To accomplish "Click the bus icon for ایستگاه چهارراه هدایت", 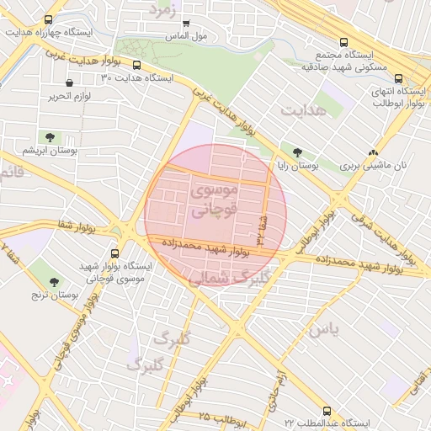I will click(x=48, y=19).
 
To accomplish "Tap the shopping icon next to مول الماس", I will click(x=185, y=24).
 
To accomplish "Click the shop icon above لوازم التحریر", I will click(x=69, y=83).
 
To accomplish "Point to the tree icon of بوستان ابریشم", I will click(x=51, y=136).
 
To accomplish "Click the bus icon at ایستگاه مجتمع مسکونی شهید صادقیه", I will click(x=343, y=42).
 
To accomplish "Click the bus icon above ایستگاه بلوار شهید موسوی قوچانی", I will click(x=115, y=252).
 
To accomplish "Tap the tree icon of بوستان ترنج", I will click(x=55, y=281).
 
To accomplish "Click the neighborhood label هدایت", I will click(x=302, y=110).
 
